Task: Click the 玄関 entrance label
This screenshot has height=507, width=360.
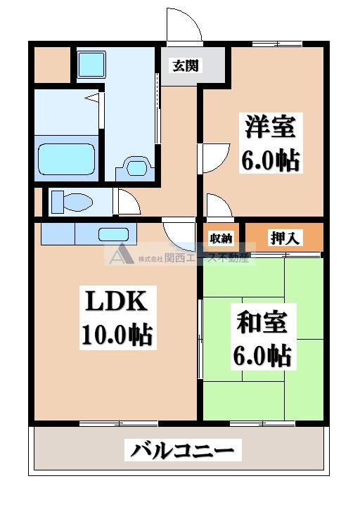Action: click(x=185, y=66)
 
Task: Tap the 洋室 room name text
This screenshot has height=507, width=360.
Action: click(x=271, y=128)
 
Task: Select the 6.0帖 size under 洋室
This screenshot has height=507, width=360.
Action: click(x=271, y=160)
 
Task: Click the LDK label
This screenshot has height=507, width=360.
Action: click(x=116, y=302)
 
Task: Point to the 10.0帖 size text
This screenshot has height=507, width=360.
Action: click(x=117, y=335)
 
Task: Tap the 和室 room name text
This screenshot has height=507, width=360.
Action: click(x=262, y=324)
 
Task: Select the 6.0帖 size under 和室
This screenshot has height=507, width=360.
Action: click(x=262, y=357)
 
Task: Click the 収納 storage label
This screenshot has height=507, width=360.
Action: click(x=221, y=238)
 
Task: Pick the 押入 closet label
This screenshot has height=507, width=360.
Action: click(x=285, y=238)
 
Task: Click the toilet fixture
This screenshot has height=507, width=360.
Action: click(x=71, y=202)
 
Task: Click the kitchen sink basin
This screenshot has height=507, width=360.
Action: click(x=112, y=234)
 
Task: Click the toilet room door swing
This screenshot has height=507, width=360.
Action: click(x=129, y=203)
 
